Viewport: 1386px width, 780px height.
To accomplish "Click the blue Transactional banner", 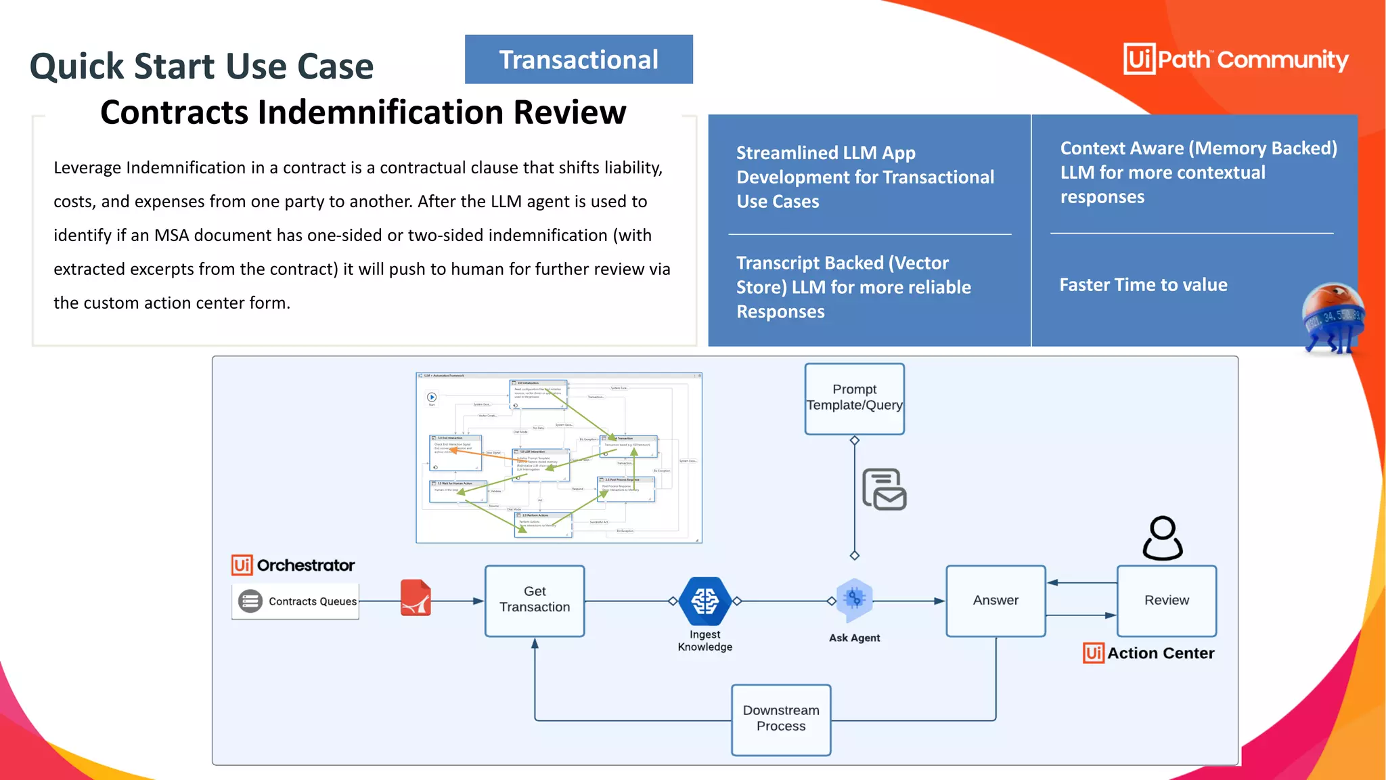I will click(579, 60).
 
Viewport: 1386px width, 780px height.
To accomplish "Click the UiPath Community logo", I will click(1236, 60).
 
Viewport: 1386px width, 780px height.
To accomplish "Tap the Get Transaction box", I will click(535, 600).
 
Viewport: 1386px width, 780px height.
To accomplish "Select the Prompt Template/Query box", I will click(854, 398).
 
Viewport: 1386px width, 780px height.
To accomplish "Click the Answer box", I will click(996, 601).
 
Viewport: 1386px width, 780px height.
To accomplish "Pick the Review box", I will click(1166, 601).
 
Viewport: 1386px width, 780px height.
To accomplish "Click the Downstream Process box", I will click(781, 719).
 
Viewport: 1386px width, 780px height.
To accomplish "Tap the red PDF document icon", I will click(416, 598).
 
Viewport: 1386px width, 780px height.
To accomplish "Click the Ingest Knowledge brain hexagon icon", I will click(705, 601).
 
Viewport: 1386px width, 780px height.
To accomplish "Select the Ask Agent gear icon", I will click(854, 599).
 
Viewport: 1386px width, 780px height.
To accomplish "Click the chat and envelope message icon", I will click(884, 490).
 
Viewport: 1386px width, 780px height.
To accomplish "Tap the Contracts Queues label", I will click(312, 601).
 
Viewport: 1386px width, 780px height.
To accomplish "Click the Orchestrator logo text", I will click(305, 565).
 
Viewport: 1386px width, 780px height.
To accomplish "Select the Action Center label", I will click(1160, 653).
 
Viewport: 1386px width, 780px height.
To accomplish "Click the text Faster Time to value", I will click(1143, 285).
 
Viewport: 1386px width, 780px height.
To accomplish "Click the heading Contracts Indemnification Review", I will click(363, 112).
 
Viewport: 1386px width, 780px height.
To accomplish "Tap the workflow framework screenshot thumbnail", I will click(558, 458).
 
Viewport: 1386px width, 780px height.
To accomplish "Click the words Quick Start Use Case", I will click(202, 66).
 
